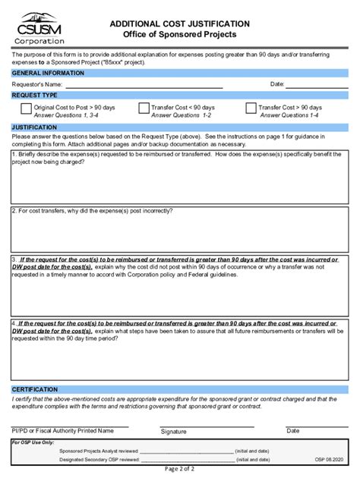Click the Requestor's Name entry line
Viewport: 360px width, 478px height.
(x=144, y=84)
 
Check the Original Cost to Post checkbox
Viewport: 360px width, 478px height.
(x=25, y=108)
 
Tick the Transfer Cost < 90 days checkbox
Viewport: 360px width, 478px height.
(x=144, y=108)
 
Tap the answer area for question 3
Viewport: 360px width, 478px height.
(x=180, y=292)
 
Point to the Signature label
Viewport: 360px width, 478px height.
(x=174, y=431)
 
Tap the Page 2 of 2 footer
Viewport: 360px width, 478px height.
(x=180, y=470)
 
